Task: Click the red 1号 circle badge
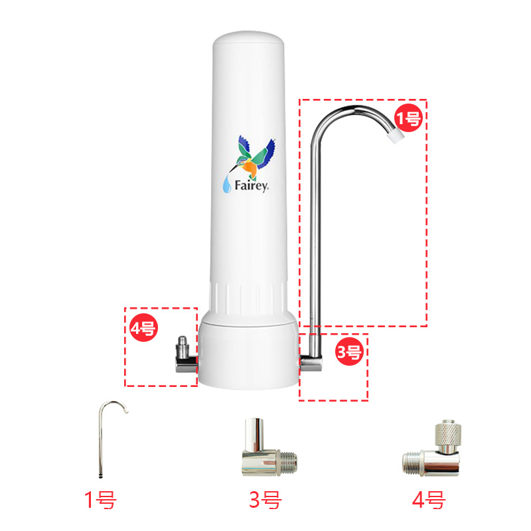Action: pos(408,118)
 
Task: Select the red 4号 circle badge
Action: pos(143,328)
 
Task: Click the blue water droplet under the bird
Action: pos(228,185)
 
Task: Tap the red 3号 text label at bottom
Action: pos(265,499)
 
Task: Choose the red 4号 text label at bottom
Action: pos(428,499)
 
